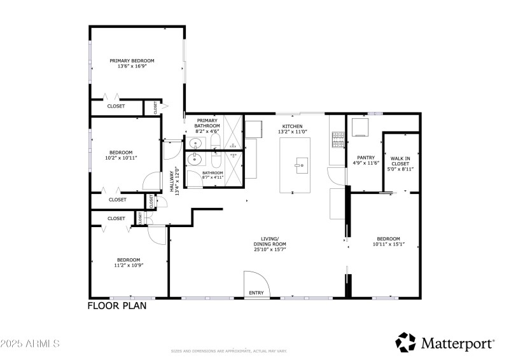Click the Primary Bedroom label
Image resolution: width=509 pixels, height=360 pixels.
[132, 61]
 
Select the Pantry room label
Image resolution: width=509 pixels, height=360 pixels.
[365, 158]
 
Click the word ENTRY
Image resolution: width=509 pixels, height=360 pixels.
[256, 293]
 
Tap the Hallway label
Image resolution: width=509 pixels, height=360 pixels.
[172, 181]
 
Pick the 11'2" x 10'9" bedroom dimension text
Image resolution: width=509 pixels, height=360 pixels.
[129, 265]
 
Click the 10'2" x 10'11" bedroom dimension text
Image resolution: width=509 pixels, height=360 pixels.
[121, 158]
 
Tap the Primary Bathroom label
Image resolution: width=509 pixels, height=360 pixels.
[207, 123]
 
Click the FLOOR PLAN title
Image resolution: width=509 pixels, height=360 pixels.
[117, 306]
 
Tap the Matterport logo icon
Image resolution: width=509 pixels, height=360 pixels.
[406, 342]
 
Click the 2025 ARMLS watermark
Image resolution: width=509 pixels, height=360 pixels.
[30, 343]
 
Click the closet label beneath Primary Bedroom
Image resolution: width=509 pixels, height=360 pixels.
[116, 106]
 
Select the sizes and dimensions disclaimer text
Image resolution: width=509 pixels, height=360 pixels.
[229, 350]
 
